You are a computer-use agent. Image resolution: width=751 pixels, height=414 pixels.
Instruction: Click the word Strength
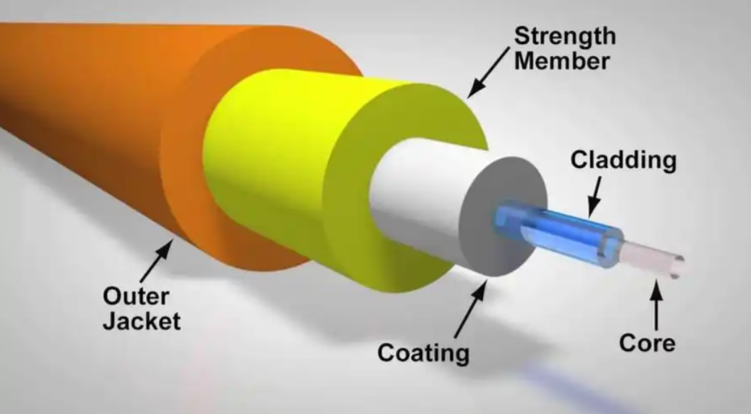click(565, 36)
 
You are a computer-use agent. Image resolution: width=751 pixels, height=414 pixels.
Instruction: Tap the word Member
click(562, 62)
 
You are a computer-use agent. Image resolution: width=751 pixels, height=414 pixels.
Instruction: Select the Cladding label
click(623, 160)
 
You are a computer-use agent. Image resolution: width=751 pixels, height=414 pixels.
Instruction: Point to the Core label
click(647, 342)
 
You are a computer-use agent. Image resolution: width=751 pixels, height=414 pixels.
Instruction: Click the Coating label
click(423, 353)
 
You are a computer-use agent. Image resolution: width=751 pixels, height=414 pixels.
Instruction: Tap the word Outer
click(136, 296)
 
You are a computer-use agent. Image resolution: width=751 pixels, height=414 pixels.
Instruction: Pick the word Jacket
click(142, 321)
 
